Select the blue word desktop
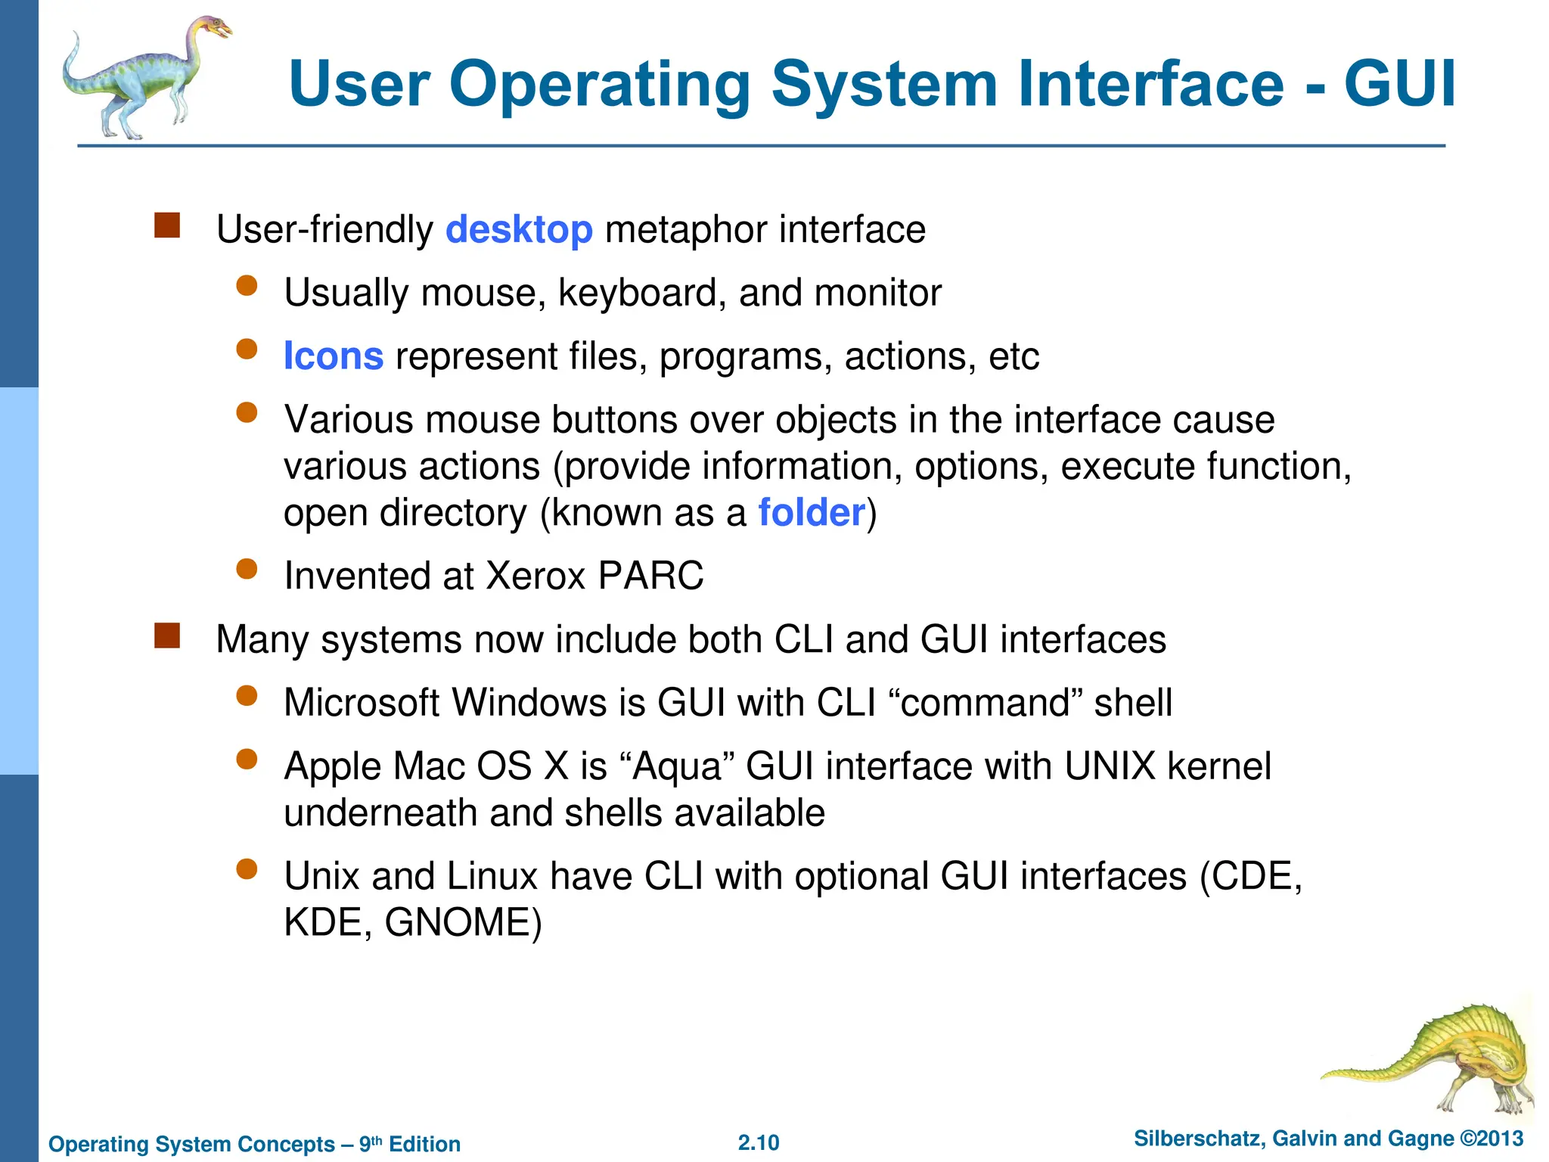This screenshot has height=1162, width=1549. (519, 230)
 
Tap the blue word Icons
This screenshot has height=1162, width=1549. (334, 356)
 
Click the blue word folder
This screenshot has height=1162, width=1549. (812, 513)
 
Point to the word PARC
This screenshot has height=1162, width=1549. (650, 576)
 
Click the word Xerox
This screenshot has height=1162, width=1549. (535, 576)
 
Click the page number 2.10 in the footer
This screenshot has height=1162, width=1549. (759, 1142)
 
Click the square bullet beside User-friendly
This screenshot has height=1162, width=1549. (167, 225)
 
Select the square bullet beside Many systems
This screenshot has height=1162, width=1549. (167, 635)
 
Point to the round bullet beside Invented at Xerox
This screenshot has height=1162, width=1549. (247, 569)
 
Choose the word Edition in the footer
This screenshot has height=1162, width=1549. (424, 1144)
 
